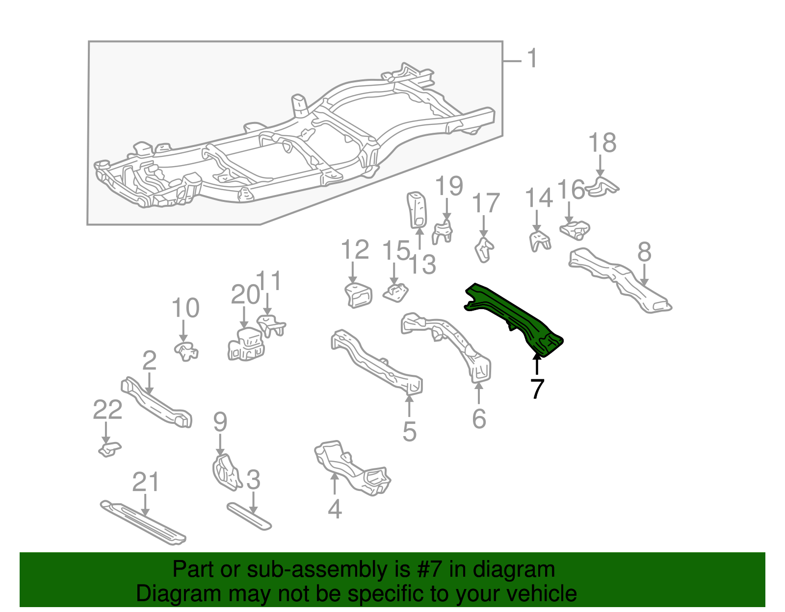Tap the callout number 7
click(x=537, y=389)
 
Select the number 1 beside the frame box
click(x=532, y=59)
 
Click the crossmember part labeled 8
click(x=618, y=279)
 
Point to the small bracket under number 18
click(x=602, y=187)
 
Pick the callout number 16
click(x=572, y=190)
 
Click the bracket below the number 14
click(x=539, y=242)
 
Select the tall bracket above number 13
click(x=417, y=210)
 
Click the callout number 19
click(x=449, y=186)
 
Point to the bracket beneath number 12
click(x=358, y=295)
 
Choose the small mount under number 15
click(x=396, y=293)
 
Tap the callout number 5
click(x=409, y=431)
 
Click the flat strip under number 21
click(x=142, y=522)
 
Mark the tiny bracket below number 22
click(x=109, y=449)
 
